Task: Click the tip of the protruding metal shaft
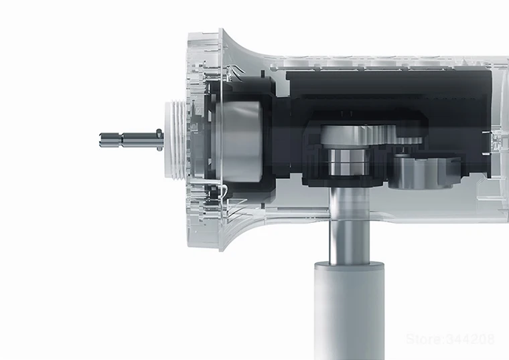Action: (100, 140)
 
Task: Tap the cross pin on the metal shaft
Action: (159, 140)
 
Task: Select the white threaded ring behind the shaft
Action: (175, 140)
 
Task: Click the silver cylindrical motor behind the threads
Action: (240, 141)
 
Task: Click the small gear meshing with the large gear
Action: (410, 140)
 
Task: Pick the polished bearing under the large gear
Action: (349, 161)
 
